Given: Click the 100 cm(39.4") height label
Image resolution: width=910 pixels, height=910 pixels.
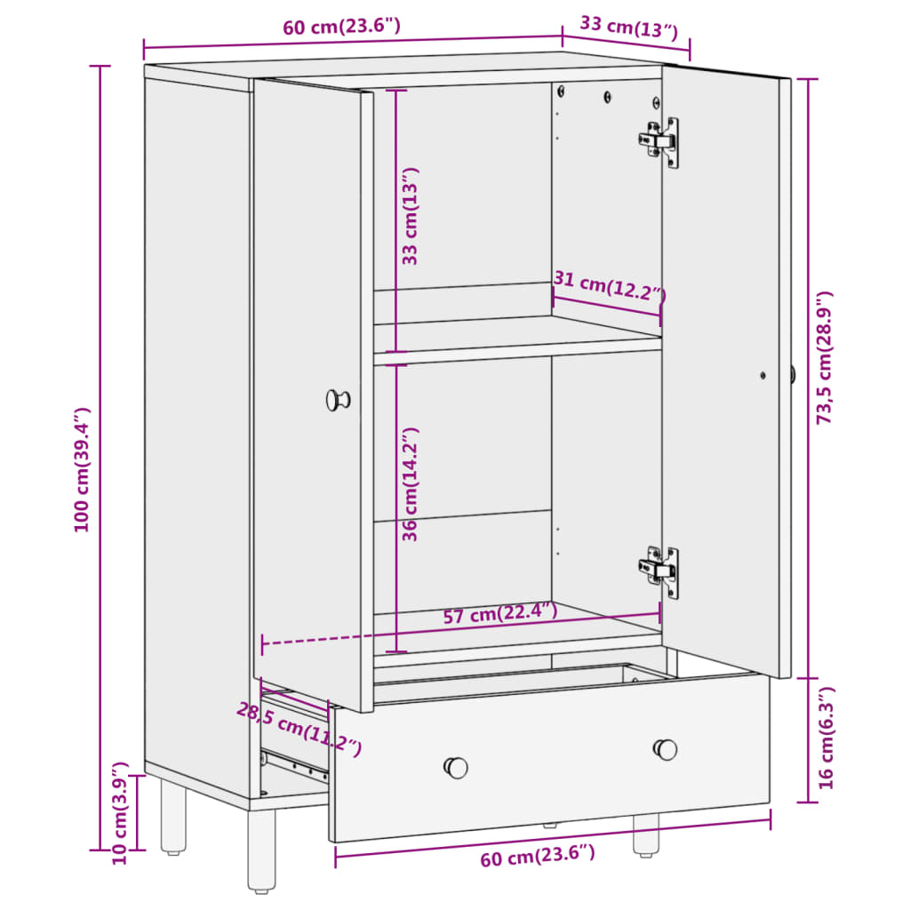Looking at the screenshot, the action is coord(82,469).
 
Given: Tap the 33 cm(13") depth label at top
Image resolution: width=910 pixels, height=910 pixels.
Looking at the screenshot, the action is coord(629,28).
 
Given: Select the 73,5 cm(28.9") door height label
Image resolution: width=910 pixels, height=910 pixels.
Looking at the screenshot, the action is coord(825,357).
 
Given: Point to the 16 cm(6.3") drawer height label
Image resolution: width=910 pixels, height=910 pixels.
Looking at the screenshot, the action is coord(826,738).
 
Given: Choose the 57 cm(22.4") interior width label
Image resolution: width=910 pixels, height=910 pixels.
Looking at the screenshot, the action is coord(500,613).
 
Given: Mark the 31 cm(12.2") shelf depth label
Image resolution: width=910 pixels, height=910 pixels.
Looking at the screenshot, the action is coord(609,285).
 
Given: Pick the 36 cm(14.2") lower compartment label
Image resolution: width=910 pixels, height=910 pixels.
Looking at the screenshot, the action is coord(410,484).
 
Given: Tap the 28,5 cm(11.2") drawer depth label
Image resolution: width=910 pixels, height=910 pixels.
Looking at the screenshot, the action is coord(299,729).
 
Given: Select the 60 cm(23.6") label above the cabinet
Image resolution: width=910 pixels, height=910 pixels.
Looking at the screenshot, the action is coord(341,26).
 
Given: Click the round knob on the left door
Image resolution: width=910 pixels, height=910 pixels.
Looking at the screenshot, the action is coord(338,400).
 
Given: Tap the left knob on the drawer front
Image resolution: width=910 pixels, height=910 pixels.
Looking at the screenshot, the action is coord(456,767).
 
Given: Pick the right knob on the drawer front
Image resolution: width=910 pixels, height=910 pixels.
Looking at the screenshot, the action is coord(665,749).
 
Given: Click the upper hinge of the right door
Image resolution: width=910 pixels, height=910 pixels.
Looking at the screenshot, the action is coord(659,142).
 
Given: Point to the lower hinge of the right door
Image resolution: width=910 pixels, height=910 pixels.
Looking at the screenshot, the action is coord(659,571).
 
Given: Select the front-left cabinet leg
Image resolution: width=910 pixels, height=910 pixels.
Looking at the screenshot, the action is coord(262,850).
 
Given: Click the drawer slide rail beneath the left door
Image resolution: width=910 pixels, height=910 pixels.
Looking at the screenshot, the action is coord(295,766).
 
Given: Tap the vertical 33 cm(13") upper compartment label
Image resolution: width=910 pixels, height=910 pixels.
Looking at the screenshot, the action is coord(410,216).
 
